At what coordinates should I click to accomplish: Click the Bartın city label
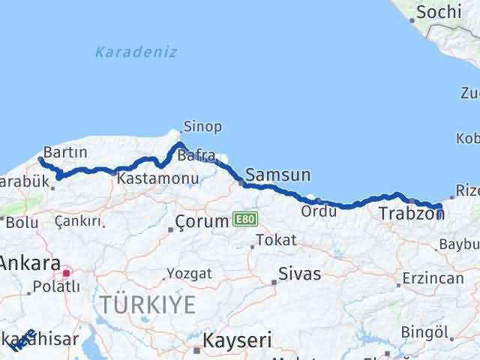coord(65,151)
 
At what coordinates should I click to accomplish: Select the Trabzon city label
coord(411,214)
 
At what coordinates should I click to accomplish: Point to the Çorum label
coord(202,221)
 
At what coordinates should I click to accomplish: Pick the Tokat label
coord(275,240)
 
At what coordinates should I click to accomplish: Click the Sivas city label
coord(298,273)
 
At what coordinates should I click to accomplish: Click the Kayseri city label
coord(236,340)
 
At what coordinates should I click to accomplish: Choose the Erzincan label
coord(432,277)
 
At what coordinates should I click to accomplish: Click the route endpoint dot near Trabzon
coord(439,208)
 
